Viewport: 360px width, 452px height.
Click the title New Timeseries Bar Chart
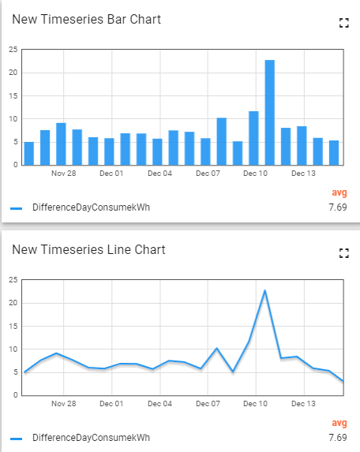pos(86,19)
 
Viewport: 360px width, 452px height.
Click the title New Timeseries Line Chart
pos(88,249)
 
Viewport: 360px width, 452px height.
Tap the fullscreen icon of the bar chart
pos(343,24)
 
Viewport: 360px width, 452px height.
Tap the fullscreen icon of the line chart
pos(343,253)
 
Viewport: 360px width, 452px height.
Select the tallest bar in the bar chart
pos(269,112)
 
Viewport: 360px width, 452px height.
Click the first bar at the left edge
pos(29,153)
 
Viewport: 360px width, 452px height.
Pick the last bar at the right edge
pos(333,152)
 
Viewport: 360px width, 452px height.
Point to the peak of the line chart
pos(264,291)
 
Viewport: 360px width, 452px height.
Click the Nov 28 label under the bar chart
pos(62,173)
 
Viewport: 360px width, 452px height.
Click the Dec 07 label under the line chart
pos(207,403)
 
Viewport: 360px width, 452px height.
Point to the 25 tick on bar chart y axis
pos(13,50)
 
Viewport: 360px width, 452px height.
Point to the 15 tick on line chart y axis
pos(13,326)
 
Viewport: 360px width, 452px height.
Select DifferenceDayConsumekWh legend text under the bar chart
pos(91,208)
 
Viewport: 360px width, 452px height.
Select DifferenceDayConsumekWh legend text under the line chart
pos(91,438)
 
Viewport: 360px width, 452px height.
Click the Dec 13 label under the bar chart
pos(303,173)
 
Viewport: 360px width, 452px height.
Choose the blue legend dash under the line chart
pos(17,438)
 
